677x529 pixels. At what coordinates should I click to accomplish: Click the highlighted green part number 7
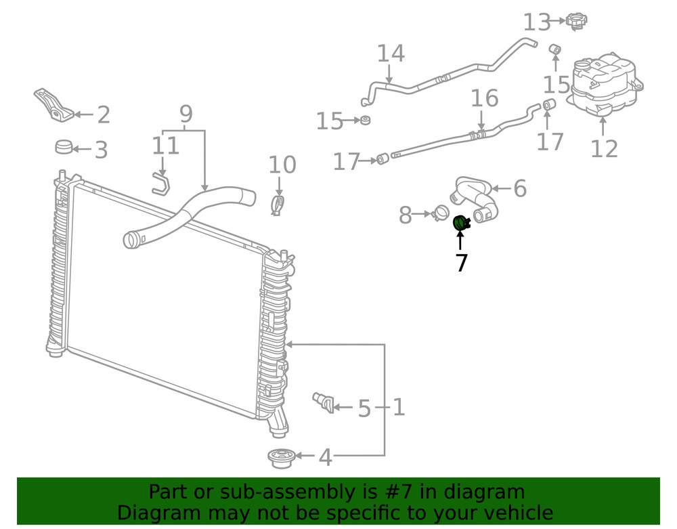point(461,223)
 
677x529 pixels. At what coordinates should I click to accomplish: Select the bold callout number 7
point(461,262)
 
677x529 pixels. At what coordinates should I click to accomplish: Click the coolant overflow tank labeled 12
point(605,85)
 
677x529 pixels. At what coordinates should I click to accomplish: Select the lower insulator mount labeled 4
point(280,459)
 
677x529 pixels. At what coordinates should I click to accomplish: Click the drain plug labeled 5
point(323,401)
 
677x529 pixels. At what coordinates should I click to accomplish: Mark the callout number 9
point(185,114)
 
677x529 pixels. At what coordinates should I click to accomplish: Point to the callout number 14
point(390,54)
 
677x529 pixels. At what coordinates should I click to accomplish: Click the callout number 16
point(484,99)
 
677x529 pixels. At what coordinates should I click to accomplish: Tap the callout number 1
point(399,407)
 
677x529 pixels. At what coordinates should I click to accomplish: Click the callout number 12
point(604,148)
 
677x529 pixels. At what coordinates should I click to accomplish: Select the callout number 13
point(536,22)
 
